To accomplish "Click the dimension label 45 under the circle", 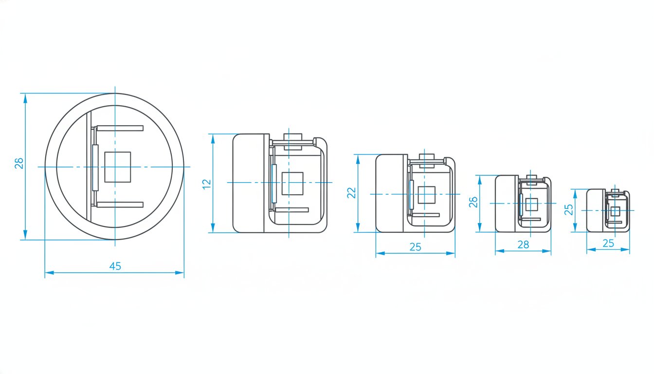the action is [115, 266].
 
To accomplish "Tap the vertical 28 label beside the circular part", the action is [19, 163].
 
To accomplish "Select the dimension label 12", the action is [207, 184].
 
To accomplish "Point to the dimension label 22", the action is [351, 193].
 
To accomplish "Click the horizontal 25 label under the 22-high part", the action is [415, 247].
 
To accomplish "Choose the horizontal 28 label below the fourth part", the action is [523, 244].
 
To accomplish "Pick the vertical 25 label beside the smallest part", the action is [568, 209].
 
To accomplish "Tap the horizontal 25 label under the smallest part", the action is [608, 243].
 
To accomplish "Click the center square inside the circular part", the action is [118, 167].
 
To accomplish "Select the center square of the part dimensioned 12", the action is [292, 184].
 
